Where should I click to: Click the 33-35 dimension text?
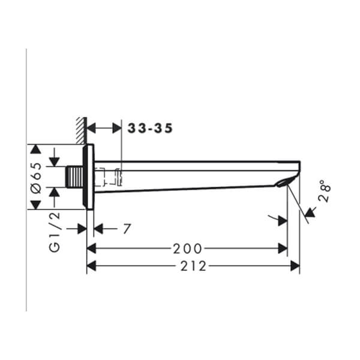150,128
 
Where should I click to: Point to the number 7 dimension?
127,229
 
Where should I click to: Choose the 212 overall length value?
193,266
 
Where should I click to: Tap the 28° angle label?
325,191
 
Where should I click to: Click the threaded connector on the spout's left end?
74,178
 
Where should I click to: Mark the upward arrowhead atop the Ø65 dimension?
35,149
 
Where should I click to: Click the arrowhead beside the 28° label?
310,212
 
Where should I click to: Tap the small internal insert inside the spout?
113,176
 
